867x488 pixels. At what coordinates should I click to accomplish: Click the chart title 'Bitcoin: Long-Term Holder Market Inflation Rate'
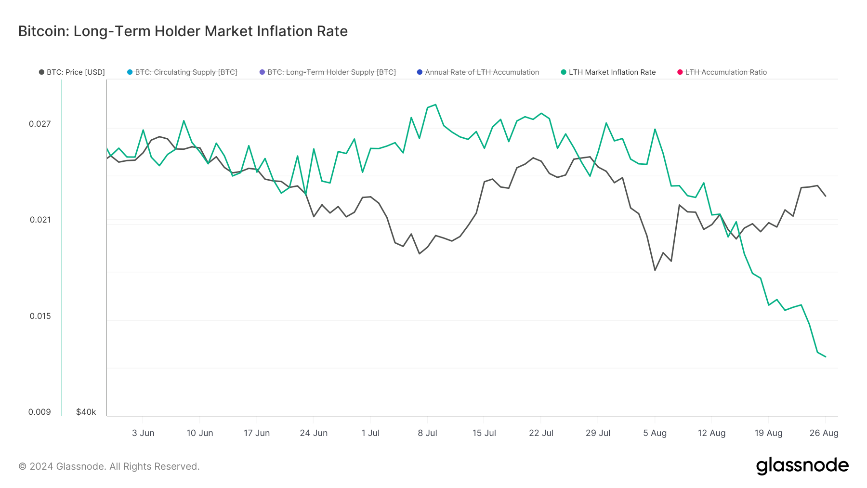(x=183, y=31)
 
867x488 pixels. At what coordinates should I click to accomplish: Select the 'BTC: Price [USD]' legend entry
(x=72, y=72)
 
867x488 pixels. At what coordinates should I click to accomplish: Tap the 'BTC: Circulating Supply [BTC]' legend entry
(x=182, y=72)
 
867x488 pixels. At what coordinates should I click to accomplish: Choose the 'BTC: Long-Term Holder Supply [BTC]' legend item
(x=328, y=72)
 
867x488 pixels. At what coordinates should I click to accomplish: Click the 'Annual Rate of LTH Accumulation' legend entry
(x=478, y=72)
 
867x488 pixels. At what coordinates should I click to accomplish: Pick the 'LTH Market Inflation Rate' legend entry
(x=608, y=72)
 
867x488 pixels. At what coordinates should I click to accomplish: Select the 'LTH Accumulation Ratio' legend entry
(x=722, y=72)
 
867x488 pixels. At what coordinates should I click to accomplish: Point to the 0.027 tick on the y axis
(x=40, y=124)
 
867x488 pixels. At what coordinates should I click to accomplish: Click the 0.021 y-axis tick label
(x=40, y=220)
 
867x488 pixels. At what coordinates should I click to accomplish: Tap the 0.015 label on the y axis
(x=40, y=316)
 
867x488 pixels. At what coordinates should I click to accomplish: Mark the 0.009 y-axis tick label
(x=39, y=412)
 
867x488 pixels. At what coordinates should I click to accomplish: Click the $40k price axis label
(x=86, y=412)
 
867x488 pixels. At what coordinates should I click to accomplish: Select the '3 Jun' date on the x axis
(x=143, y=433)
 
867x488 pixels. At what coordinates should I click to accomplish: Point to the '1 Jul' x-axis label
(x=370, y=433)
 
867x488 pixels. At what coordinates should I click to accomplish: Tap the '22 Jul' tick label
(x=541, y=433)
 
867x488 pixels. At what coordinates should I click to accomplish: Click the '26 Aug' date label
(x=824, y=433)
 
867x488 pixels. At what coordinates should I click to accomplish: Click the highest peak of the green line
(x=435, y=105)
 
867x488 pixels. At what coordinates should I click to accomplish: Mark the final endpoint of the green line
(x=826, y=357)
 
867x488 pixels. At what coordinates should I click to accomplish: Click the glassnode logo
(x=802, y=466)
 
